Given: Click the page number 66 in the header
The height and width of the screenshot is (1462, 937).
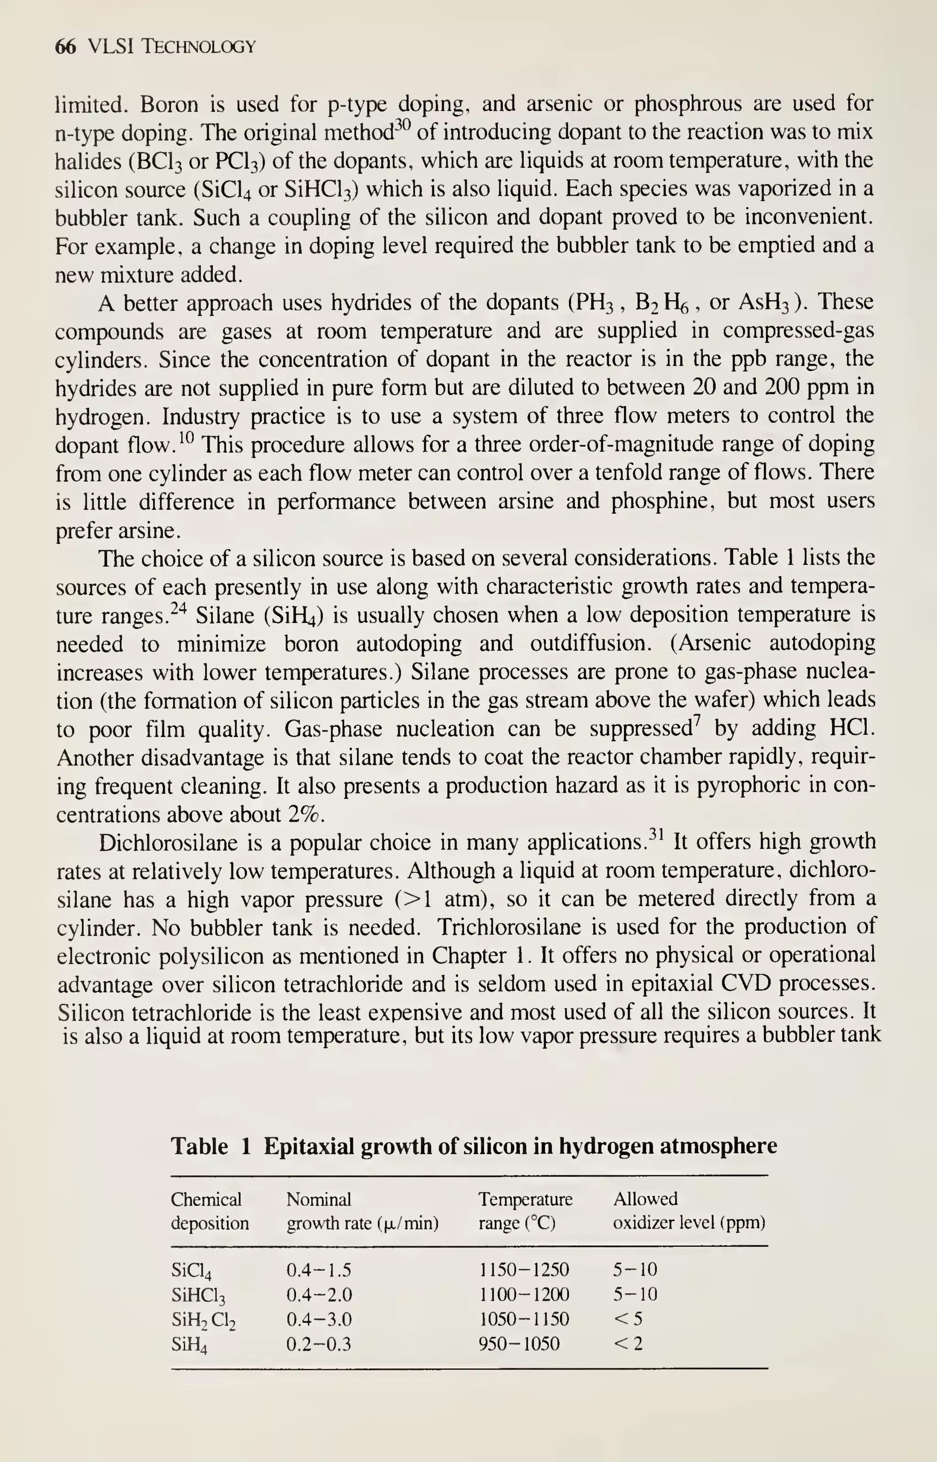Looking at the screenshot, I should pos(65,46).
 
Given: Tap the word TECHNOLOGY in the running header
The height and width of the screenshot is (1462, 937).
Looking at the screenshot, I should pos(199,47).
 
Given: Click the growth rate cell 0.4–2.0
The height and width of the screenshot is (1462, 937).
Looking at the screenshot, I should pos(319,1294).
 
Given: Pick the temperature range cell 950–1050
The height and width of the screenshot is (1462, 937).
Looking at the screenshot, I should pos(519,1343).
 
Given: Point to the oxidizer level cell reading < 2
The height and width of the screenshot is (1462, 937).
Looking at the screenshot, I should pos(627,1343).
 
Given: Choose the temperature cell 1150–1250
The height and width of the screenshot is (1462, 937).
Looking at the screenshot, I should pos(524,1270).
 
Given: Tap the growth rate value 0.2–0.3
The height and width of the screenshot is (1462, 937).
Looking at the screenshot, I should pos(319,1343).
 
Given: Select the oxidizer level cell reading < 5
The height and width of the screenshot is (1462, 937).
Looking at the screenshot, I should pos(627,1319).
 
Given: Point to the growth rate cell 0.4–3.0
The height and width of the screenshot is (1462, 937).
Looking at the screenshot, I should pos(319,1319).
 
